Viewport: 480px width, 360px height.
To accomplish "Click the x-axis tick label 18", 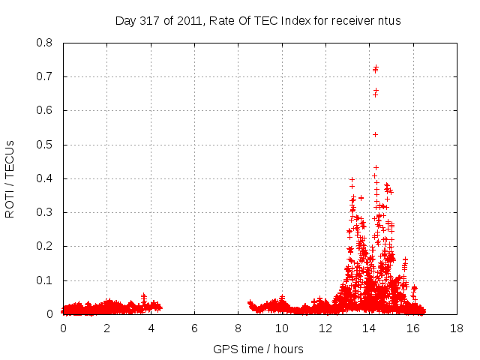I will coord(456,328).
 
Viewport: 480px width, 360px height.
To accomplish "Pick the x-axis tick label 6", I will coord(194,328).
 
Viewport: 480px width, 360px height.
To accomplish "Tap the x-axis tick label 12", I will coord(325,328).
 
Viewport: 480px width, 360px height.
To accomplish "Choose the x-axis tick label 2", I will coord(106,328).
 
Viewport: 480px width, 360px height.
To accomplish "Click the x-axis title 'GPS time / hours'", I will coord(258,349).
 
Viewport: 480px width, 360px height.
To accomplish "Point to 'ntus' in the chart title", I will coord(388,20).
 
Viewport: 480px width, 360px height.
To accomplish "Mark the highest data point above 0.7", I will coord(376,67).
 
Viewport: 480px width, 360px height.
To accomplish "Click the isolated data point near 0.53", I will coord(375,134).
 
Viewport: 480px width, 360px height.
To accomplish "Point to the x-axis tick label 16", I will coord(412,328).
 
